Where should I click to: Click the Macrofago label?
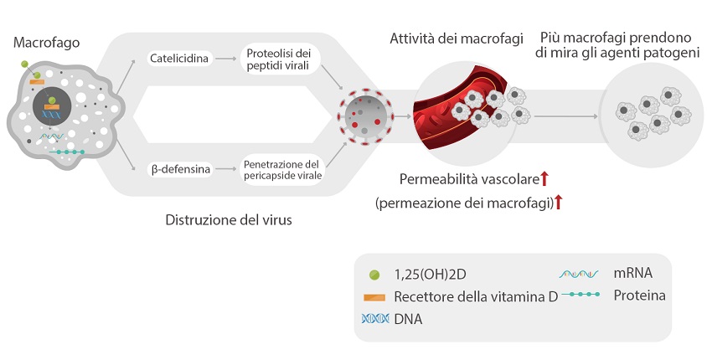46,42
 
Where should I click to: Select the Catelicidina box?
179,59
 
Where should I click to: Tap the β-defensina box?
179,169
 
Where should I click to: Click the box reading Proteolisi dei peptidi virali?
278,59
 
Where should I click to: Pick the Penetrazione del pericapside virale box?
281,169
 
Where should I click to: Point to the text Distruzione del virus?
228,221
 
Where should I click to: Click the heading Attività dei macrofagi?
457,39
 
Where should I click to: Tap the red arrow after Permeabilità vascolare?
544,177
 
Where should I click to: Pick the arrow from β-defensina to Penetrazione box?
224,169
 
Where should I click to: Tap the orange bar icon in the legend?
374,296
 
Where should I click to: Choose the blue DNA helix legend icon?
374,319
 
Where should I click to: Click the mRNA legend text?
632,273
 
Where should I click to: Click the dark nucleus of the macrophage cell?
52,109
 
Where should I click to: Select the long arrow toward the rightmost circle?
562,116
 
